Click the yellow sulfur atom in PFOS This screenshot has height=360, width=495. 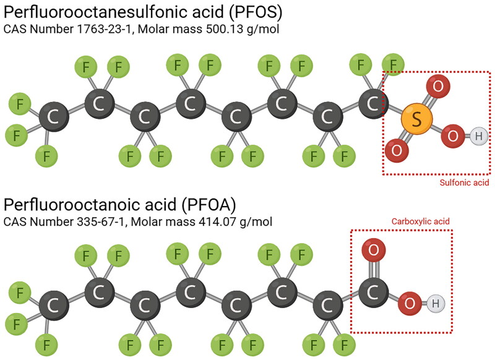pyautogui.click(x=417, y=119)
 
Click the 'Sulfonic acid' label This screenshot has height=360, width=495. pyautogui.click(x=464, y=183)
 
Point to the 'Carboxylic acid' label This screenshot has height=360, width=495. pyautogui.click(x=420, y=221)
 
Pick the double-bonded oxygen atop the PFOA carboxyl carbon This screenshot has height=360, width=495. pyautogui.click(x=373, y=251)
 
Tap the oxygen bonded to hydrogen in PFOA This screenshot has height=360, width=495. pyautogui.click(x=408, y=303)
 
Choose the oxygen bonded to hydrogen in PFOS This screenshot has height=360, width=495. pyautogui.click(x=453, y=136)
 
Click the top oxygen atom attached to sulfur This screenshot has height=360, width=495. pyautogui.click(x=437, y=86)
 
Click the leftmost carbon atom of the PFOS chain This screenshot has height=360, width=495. pyautogui.click(x=53, y=118)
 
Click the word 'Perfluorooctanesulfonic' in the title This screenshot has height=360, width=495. pyautogui.click(x=95, y=11)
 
